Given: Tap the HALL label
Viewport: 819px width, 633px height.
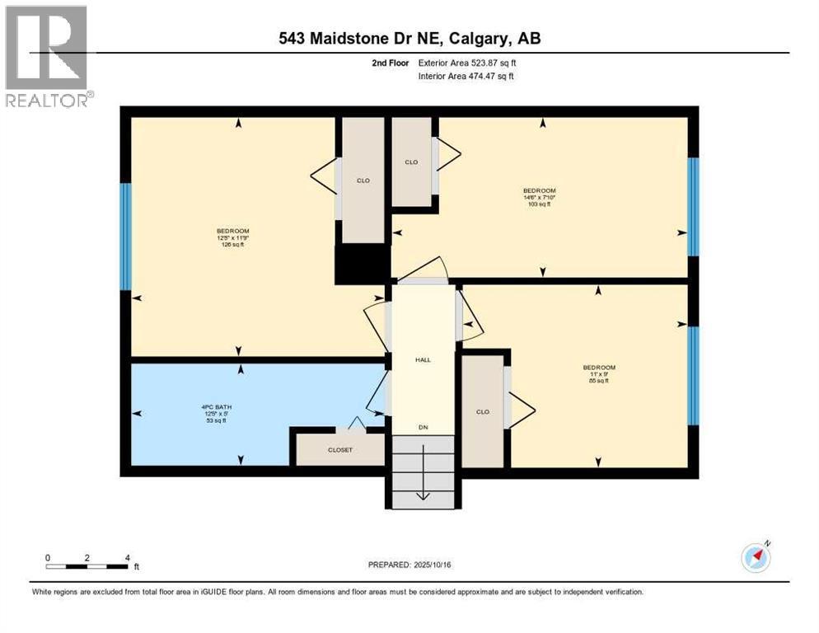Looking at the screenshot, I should [x=423, y=359].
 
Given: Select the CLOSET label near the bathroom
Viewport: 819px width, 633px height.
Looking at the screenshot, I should [x=339, y=450].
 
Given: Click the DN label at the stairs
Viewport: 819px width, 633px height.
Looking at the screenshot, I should [x=423, y=427].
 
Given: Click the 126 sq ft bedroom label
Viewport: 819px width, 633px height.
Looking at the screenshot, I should [x=232, y=237].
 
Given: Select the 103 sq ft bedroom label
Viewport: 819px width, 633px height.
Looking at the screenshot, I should [x=540, y=197].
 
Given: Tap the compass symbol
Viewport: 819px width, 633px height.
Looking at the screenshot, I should [x=756, y=558].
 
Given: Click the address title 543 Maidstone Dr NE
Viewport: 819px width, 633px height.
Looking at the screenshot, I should [x=409, y=39].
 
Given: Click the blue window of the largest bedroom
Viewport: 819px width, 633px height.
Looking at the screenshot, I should [x=125, y=237].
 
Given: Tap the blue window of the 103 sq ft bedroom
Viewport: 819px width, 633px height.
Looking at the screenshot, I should [x=693, y=206].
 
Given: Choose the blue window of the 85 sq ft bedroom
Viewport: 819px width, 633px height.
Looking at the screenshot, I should [x=693, y=375].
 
